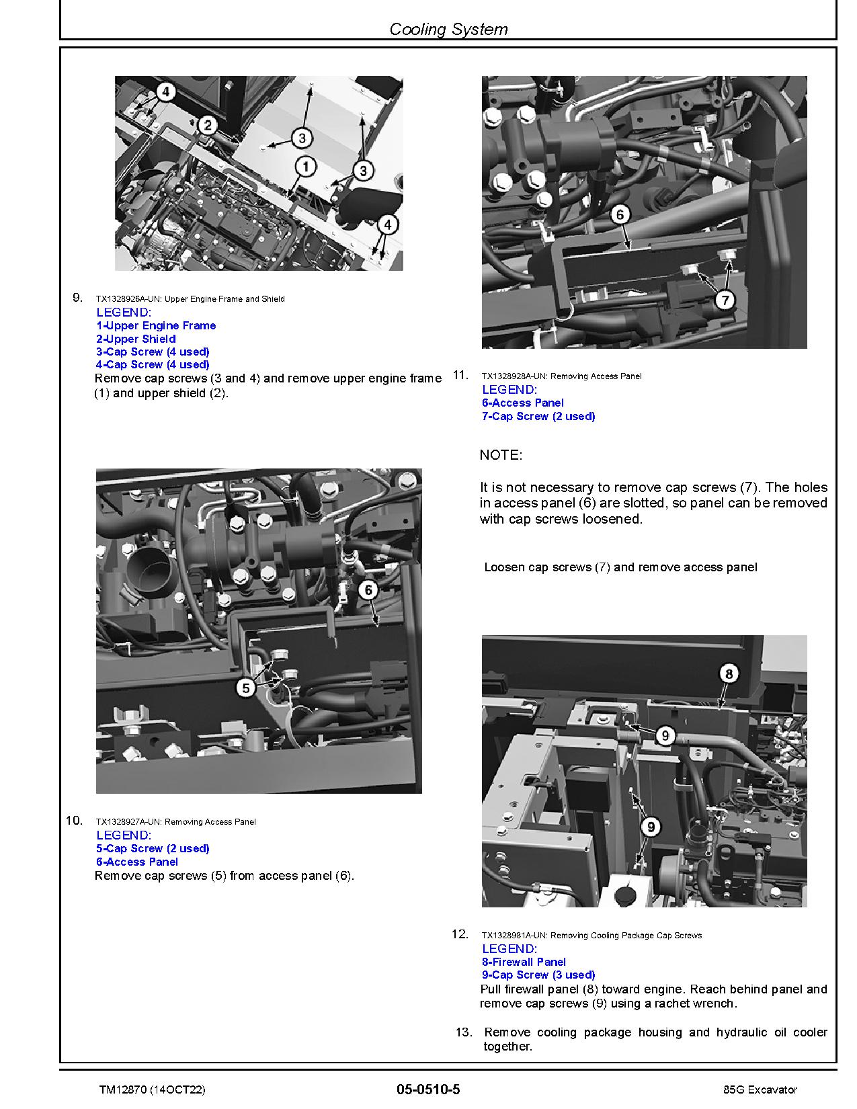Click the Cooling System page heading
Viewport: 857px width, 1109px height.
point(448,29)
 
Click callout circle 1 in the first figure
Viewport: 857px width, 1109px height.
point(306,166)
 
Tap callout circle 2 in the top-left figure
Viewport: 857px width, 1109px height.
point(208,124)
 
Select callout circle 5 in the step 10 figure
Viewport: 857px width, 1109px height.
point(246,688)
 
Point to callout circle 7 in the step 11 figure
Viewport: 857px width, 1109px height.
point(724,300)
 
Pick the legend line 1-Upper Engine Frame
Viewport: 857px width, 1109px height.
point(156,325)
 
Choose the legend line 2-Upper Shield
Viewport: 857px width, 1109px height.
point(136,339)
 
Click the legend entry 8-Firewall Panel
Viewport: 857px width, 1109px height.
point(524,962)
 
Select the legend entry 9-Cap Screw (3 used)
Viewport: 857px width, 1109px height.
point(538,975)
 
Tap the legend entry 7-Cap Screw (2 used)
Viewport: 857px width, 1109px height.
point(538,416)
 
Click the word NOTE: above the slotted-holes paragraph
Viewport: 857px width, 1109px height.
point(501,455)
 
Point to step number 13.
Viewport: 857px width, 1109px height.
point(464,1032)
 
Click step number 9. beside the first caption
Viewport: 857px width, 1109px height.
point(77,297)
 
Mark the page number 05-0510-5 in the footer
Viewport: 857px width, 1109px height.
point(428,1090)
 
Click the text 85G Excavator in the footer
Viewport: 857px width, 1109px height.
point(756,1090)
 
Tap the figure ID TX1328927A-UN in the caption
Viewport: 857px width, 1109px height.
point(128,821)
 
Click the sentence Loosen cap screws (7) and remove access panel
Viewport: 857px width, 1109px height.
point(620,567)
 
